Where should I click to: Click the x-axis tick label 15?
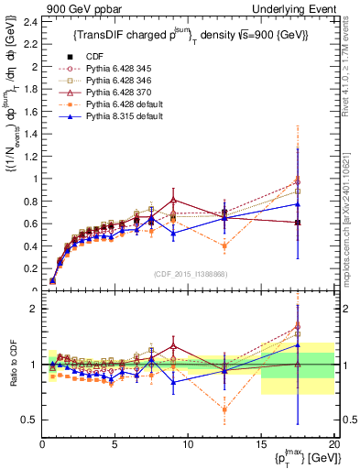[261, 445]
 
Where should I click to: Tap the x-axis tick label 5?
[115, 445]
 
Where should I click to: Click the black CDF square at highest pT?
[298, 223]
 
